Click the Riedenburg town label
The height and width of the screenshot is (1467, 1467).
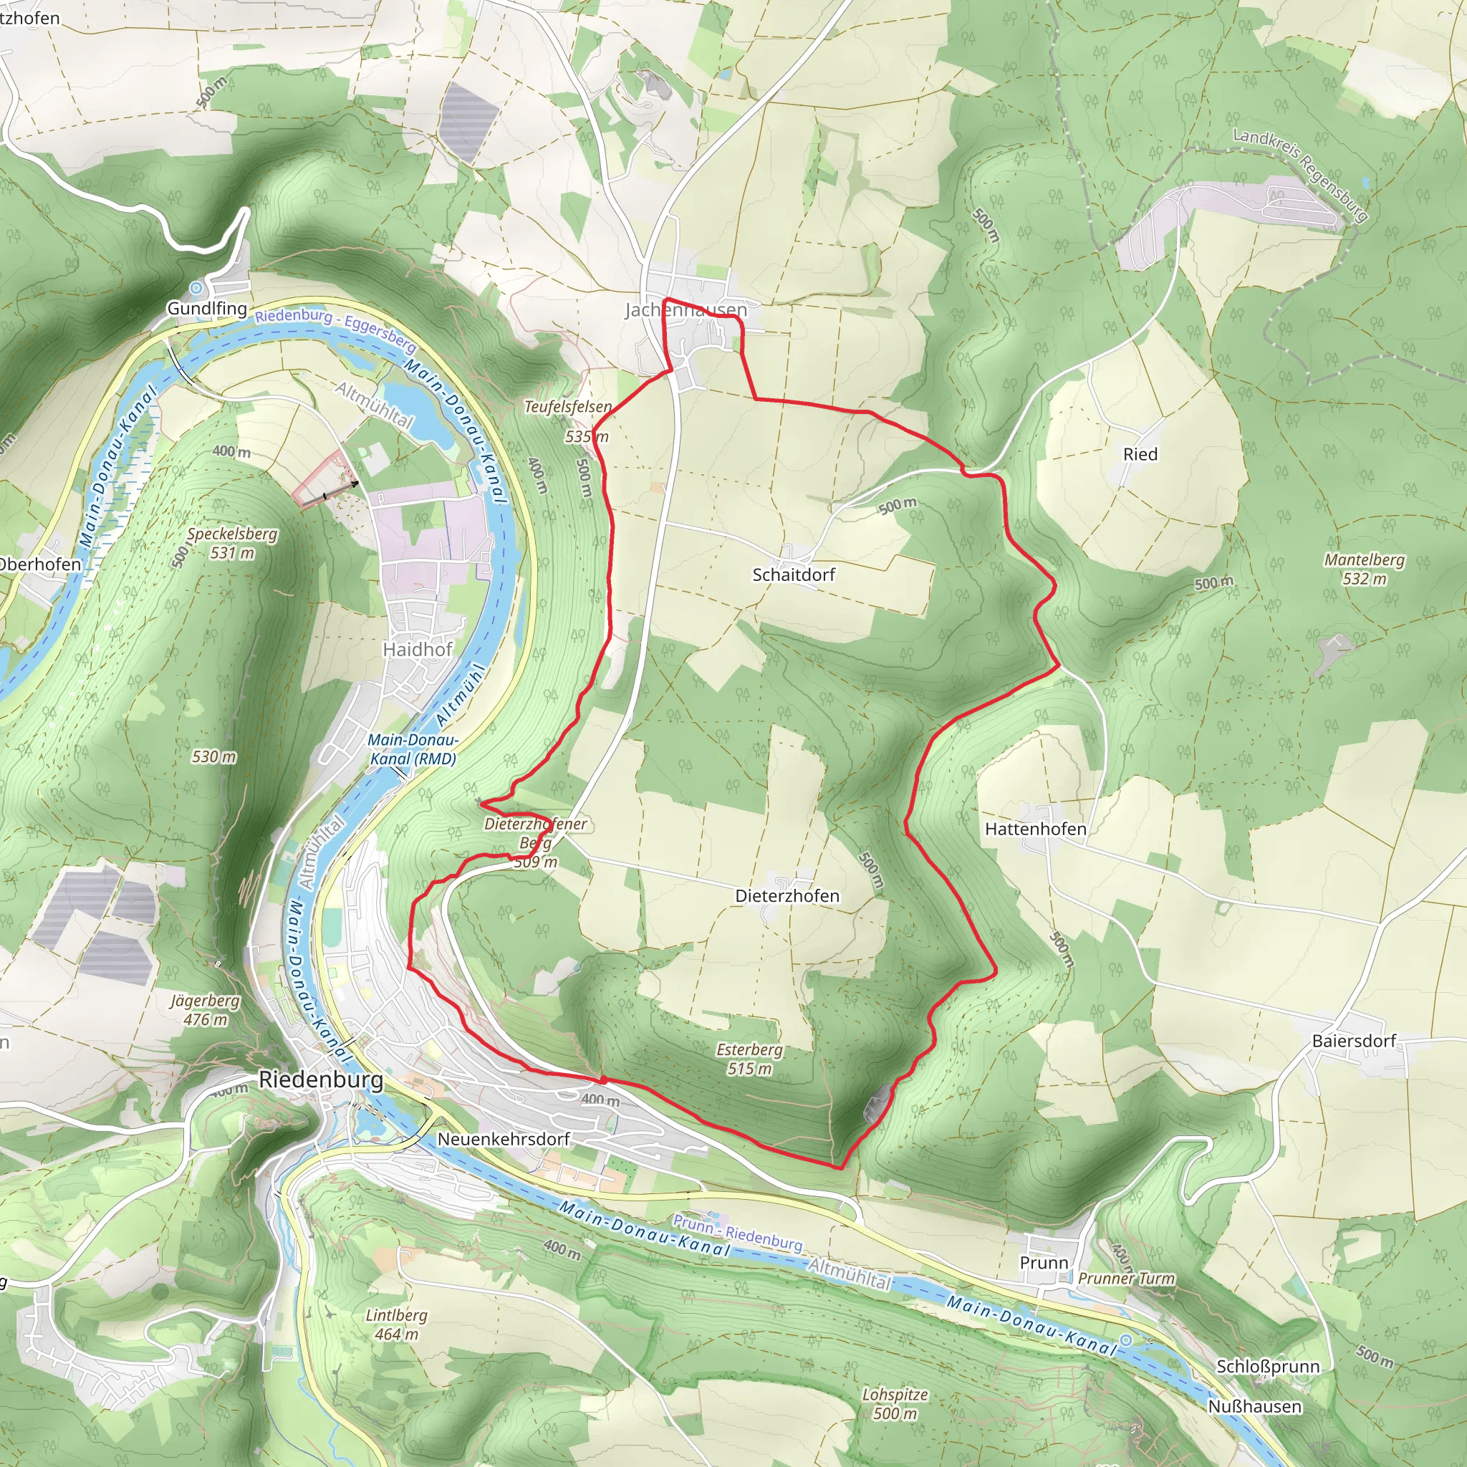coord(320,1079)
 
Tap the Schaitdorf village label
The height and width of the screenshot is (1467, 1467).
coord(794,574)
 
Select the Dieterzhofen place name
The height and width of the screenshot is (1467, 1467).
coord(787,896)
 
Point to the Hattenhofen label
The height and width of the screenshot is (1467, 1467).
coord(1035,829)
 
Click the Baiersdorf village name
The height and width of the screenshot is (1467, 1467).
coord(1354,1041)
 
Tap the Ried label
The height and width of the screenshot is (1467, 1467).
coord(1140,454)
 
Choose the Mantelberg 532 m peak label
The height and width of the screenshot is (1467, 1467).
coord(1364,569)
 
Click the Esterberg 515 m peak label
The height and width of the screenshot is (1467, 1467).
coord(749,1059)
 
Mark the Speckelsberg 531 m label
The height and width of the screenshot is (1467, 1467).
coord(231,543)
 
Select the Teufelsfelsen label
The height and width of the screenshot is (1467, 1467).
coord(567,407)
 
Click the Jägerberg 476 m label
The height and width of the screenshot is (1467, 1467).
coord(204,1010)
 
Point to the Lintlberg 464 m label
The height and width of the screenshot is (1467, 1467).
coord(395,1325)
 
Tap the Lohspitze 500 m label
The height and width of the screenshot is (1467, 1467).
coord(895,1404)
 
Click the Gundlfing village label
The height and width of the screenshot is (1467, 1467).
coord(206,308)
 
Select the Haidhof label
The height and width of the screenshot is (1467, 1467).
coord(417,649)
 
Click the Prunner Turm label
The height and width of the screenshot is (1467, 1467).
coord(1125,1279)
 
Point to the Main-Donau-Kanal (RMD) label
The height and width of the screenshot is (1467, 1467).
coord(413,749)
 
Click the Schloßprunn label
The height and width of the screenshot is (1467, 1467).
coord(1267,1367)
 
